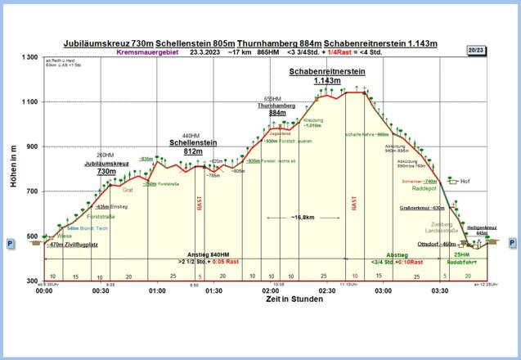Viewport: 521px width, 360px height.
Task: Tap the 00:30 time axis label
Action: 101,290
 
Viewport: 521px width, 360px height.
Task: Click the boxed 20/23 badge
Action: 476,50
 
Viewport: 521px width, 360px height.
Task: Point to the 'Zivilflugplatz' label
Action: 79,244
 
